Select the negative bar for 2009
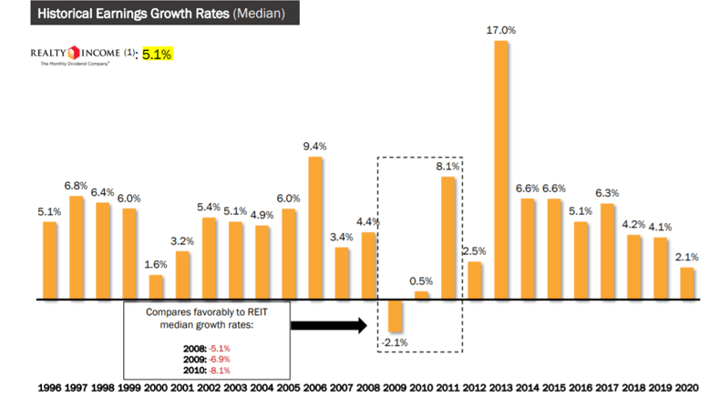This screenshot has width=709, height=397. pos(395,315)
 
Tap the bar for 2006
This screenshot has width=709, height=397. pos(315,228)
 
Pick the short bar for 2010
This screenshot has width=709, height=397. pos(421,295)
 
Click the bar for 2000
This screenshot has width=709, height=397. pos(157,287)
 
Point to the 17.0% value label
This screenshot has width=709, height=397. pos(501,30)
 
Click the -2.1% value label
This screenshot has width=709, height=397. pos(395,342)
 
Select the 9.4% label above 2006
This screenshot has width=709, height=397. pos(315,145)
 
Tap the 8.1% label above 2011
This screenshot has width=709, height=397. pos(447,166)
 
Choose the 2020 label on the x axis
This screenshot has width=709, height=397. pos(687,387)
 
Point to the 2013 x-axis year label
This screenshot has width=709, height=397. pos(501,387)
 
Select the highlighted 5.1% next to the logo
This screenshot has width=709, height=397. pos(155,55)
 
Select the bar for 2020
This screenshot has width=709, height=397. pos(687,283)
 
